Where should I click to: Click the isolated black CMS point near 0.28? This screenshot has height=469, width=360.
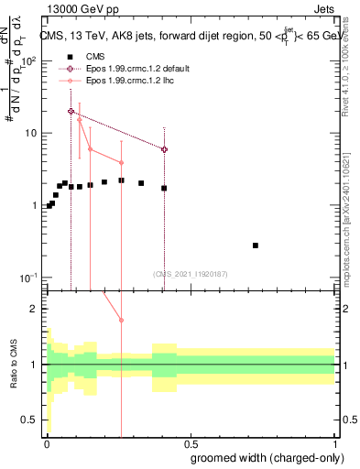(x=256, y=245)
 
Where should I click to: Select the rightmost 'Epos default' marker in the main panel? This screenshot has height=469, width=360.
(x=164, y=149)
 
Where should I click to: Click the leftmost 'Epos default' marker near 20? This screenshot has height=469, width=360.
(x=71, y=111)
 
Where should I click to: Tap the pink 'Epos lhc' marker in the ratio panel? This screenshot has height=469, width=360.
(x=121, y=320)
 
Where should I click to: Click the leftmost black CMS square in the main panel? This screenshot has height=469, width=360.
(x=49, y=206)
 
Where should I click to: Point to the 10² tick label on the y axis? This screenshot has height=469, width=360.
(x=30, y=61)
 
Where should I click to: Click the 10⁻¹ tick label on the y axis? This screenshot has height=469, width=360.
(x=30, y=278)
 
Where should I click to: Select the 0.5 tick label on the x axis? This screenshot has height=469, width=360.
(x=191, y=442)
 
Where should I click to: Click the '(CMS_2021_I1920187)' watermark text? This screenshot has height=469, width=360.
(x=191, y=274)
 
